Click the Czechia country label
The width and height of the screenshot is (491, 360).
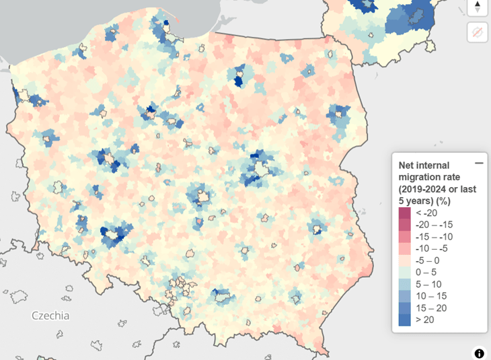pos(50,315)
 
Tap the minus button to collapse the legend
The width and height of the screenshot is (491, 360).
pos(479,164)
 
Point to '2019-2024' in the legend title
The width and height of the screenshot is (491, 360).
pos(427,189)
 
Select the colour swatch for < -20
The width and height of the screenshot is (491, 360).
pos(404,213)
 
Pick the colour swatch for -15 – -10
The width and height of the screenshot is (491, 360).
pos(404,237)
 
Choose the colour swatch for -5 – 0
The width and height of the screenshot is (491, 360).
pos(404,260)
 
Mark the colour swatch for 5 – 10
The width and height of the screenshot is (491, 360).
pos(404,284)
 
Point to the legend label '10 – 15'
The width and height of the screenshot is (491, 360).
pos(430,296)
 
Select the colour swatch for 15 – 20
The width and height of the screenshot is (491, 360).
pos(404,308)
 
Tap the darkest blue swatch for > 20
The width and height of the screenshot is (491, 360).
pos(404,320)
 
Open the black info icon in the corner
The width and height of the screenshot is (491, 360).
pos(479,353)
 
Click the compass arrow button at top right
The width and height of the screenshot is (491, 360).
pos(478,7)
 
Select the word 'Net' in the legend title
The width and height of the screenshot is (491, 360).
pos(408,165)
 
